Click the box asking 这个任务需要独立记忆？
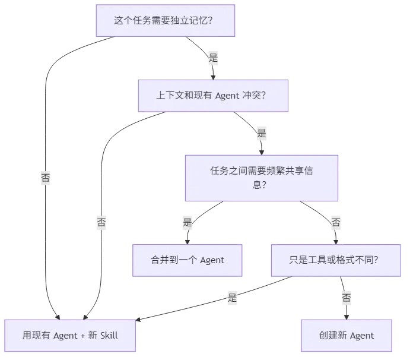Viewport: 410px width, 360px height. pyautogui.click(x=166, y=20)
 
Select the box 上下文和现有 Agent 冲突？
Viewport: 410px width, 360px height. pyautogui.click(x=214, y=95)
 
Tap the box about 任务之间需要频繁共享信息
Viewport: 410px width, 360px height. pyautogui.click(x=261, y=178)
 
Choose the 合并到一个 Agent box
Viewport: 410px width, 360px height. pyautogui.click(x=187, y=260)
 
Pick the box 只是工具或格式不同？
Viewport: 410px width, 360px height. pyautogui.click(x=335, y=260)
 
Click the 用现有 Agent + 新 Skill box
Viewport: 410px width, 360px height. pyautogui.click(x=70, y=336)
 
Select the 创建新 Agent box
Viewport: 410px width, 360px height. pyautogui.click(x=346, y=336)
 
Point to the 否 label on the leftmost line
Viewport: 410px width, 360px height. pyautogui.click(x=45, y=178)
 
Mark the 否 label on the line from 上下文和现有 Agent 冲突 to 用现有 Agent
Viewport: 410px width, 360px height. pyautogui.click(x=101, y=223)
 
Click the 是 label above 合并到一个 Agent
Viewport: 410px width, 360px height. pyautogui.click(x=187, y=223)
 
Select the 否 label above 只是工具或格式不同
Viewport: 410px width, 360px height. pyautogui.click(x=336, y=223)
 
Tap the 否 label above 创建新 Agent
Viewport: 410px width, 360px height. pyautogui.click(x=346, y=298)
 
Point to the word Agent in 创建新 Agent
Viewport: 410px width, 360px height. pyautogui.click(x=361, y=336)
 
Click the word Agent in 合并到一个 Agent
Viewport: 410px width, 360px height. pyautogui.click(x=212, y=260)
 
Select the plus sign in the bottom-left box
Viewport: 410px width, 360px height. pyautogui.click(x=81, y=336)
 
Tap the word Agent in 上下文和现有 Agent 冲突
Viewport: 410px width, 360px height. pyautogui.click(x=226, y=95)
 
